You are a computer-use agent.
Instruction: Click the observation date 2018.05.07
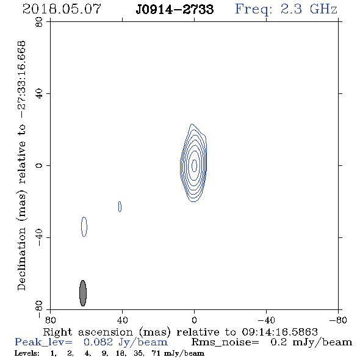coord(62,9)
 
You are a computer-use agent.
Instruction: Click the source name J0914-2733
coord(175,9)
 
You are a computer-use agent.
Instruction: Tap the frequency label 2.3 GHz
coord(309,9)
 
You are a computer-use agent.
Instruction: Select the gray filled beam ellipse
coord(83,293)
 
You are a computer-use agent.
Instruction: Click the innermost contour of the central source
coord(194,165)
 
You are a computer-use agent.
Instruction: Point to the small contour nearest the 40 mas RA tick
coord(120,207)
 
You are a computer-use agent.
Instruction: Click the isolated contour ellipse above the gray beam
coord(84,226)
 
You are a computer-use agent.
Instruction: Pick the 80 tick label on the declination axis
coord(39,22)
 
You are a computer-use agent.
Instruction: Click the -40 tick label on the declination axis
coord(39,237)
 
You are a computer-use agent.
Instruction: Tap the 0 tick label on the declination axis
coord(39,165)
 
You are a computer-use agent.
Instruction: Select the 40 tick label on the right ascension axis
coord(122,320)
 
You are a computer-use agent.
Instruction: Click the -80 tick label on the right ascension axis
coord(337,320)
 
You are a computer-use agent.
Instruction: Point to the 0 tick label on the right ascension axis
coord(194,320)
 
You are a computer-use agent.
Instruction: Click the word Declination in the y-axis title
coord(21,259)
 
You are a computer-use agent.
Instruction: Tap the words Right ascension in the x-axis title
coord(88,332)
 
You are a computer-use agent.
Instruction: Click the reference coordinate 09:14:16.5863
coord(279,332)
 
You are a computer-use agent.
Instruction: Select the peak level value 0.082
coord(98,342)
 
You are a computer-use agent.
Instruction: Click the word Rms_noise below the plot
coord(225,342)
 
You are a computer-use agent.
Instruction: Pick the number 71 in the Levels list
coord(156,353)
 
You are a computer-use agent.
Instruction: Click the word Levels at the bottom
coord(27,353)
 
